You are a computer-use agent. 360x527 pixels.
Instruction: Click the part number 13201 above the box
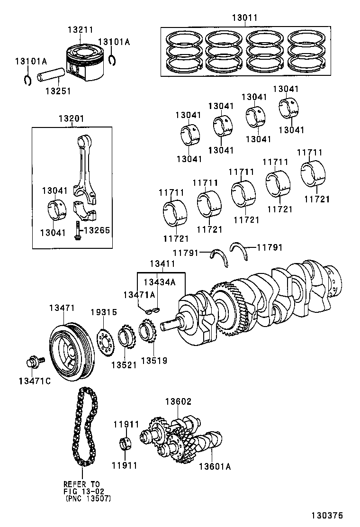click(x=71, y=118)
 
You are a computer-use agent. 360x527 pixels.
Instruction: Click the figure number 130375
click(x=326, y=515)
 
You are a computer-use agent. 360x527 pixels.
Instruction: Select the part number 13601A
click(x=215, y=467)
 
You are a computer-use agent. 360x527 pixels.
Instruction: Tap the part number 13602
click(x=178, y=401)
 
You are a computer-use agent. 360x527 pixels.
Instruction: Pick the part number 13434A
click(x=160, y=282)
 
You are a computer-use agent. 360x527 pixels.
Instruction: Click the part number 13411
click(x=162, y=263)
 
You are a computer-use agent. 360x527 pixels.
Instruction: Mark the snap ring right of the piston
click(x=112, y=60)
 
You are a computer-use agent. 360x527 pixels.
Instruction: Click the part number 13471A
click(x=139, y=295)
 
